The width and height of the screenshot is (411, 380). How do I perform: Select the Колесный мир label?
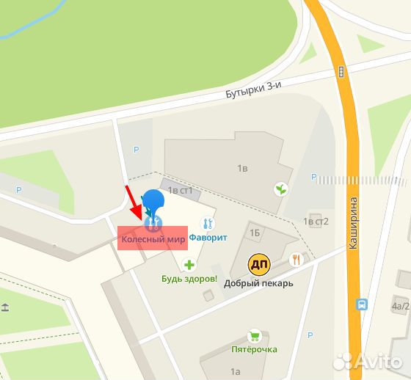153,238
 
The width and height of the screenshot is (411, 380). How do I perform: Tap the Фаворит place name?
208,238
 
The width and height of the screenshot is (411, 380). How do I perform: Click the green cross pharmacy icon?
189,265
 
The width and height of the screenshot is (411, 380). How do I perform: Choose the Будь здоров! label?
189,279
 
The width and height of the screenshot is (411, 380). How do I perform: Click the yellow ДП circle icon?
258,264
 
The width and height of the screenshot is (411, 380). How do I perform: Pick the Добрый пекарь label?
259,283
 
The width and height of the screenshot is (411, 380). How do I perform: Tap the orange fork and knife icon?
296,259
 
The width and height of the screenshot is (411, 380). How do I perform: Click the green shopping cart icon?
254,335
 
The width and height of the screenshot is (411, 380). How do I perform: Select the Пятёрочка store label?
254,349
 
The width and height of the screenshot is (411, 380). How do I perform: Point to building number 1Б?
255,233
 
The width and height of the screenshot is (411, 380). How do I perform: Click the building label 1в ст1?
181,191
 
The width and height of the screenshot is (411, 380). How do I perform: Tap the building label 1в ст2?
316,221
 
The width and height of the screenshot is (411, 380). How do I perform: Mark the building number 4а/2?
400,307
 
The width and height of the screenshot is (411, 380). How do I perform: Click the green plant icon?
280,189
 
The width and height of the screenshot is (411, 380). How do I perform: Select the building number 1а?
236,372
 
